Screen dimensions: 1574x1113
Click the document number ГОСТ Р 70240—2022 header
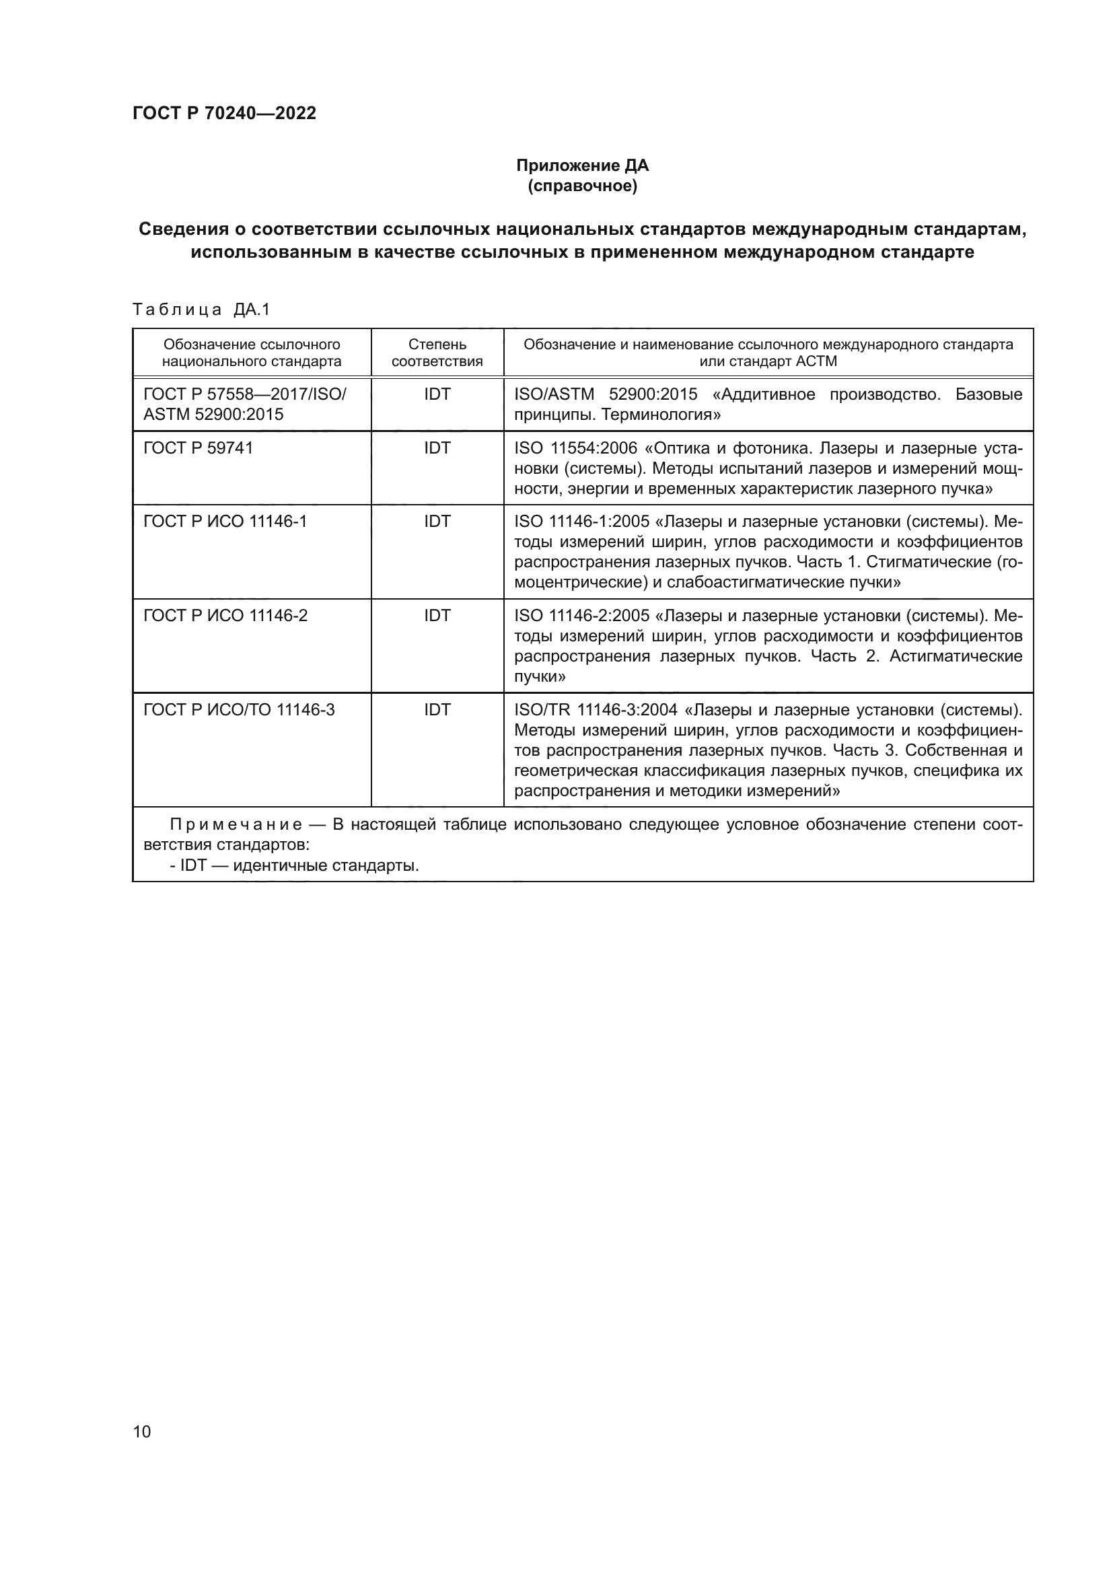coord(224,113)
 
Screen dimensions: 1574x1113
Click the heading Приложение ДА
coord(582,166)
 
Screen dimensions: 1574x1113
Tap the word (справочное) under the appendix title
coord(582,186)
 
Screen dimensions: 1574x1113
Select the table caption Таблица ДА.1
coord(201,309)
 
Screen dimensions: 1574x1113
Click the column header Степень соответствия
coord(437,353)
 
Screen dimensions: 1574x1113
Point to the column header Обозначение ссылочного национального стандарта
coord(252,353)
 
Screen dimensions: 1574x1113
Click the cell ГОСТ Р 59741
coord(198,448)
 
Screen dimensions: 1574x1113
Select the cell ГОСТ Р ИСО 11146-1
coord(225,521)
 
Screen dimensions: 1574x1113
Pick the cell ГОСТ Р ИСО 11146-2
coord(225,615)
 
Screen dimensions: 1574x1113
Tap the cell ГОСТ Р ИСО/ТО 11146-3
coord(238,709)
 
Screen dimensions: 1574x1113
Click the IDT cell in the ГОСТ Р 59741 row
coord(437,448)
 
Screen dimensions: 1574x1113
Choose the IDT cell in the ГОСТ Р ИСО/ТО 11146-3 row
coord(437,709)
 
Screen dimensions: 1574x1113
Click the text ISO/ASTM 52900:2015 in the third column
coord(605,394)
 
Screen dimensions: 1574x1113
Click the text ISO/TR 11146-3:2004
coord(596,709)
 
